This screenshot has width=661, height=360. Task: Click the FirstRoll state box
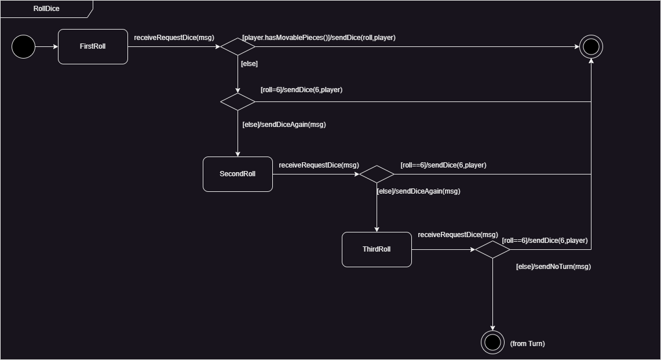click(93, 46)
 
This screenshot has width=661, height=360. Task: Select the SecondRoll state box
click(238, 174)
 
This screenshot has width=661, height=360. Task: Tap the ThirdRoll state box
click(377, 249)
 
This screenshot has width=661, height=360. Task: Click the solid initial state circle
click(24, 46)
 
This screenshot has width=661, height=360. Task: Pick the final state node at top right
click(591, 46)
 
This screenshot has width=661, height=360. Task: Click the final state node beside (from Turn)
click(492, 342)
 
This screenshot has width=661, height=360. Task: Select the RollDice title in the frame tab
click(46, 9)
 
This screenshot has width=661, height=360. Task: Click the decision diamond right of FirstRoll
click(238, 46)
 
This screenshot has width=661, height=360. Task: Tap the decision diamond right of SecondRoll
click(377, 174)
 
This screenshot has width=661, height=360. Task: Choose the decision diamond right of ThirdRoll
click(492, 249)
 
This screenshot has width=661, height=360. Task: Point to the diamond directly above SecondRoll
click(238, 101)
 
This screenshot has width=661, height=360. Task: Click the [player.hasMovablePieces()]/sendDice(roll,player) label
click(319, 38)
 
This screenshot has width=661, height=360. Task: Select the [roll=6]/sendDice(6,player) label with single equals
click(301, 90)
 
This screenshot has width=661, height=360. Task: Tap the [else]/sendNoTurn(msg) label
click(553, 267)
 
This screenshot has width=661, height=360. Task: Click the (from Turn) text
click(527, 344)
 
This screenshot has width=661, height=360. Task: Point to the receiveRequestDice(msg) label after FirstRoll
click(174, 38)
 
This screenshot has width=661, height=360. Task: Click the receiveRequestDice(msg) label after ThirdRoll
click(458, 235)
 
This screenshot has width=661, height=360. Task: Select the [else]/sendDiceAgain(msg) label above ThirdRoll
click(418, 191)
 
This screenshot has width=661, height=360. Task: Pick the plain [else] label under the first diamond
click(249, 64)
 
